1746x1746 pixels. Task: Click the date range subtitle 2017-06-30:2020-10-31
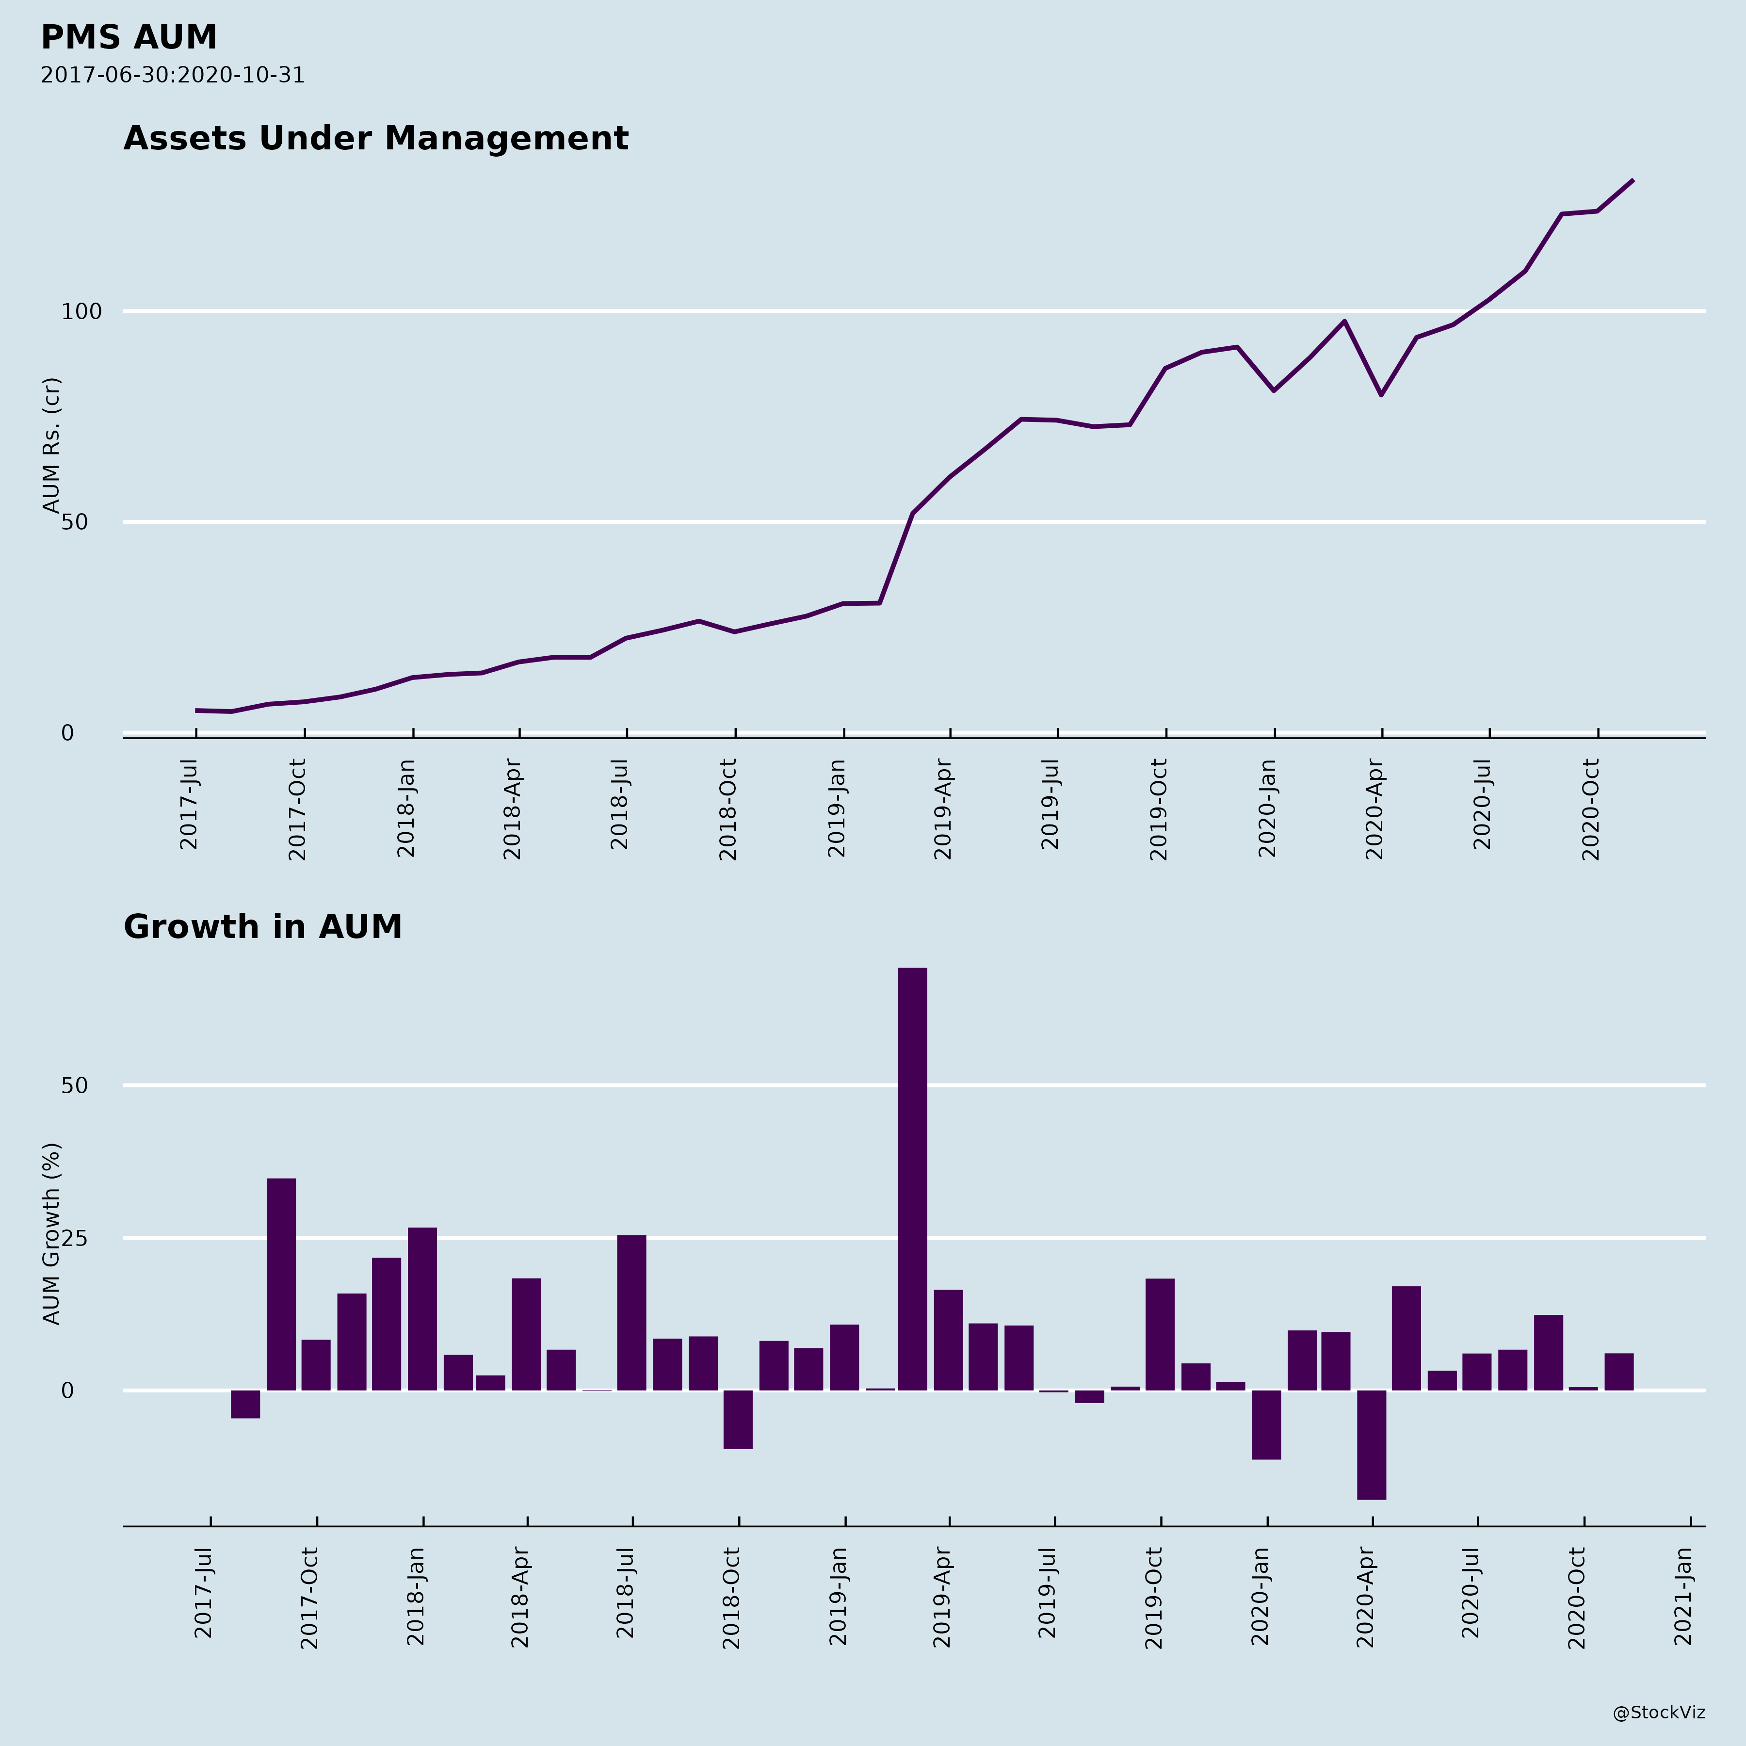point(173,75)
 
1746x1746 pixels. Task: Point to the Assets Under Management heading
point(375,138)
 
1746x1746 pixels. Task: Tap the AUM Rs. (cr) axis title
point(51,445)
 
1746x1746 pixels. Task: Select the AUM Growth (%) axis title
point(51,1233)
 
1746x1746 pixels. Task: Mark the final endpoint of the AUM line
point(1632,181)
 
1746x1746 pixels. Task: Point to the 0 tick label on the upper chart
point(68,733)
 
